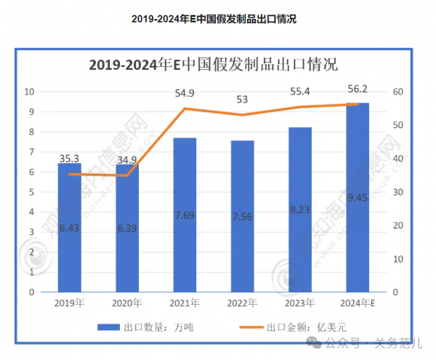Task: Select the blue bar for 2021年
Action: [185, 215]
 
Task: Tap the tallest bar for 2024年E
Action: [358, 197]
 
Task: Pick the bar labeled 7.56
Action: [242, 216]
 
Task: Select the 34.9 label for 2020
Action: [128, 159]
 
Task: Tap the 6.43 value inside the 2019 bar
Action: [69, 228]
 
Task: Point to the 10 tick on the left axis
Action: [30, 92]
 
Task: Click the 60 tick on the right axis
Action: [397, 92]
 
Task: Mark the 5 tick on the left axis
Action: [31, 192]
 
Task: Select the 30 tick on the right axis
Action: [397, 192]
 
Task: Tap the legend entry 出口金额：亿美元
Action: [292, 327]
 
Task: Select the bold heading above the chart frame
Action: [214, 19]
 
